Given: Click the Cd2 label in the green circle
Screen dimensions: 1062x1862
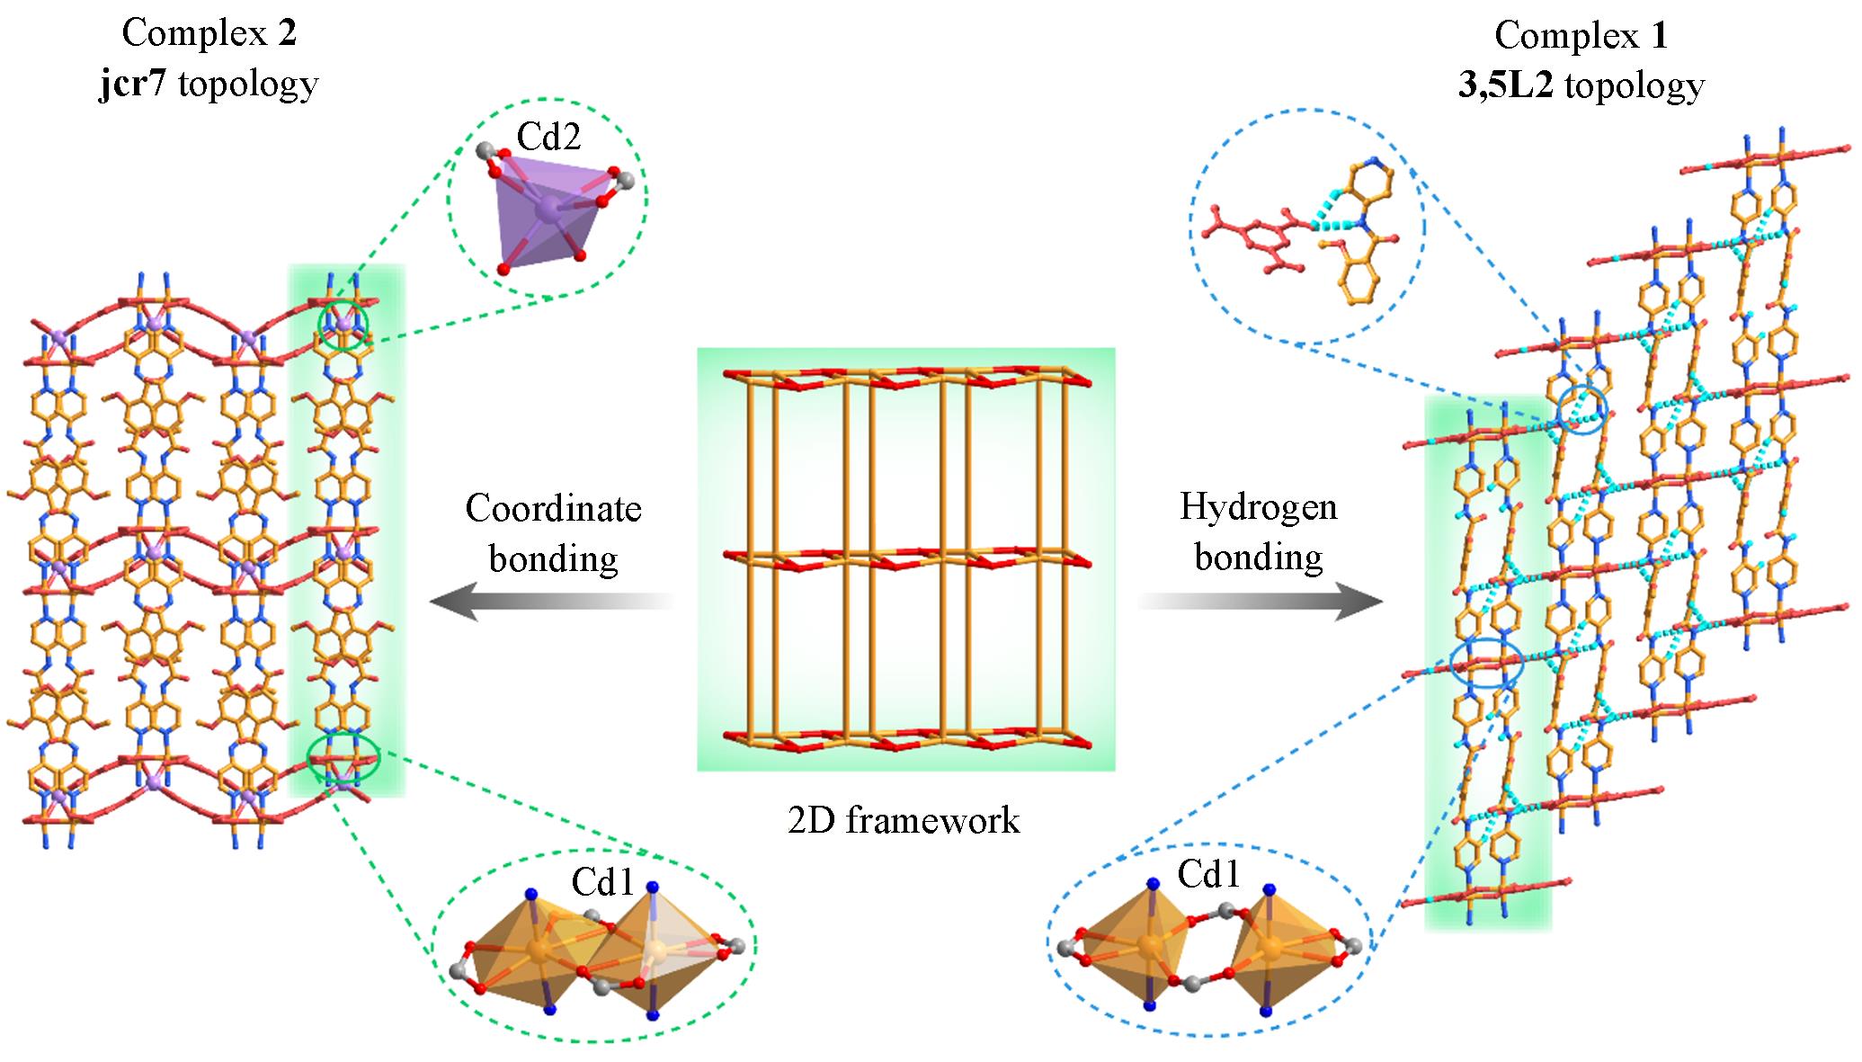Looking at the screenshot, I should click(548, 136).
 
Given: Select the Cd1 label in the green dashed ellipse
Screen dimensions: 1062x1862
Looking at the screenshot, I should click(603, 884).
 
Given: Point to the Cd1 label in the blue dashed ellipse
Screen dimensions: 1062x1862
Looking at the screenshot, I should click(1208, 874).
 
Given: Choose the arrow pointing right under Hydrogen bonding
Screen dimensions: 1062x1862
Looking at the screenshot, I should click(1260, 601).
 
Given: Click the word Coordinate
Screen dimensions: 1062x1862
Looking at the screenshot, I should click(553, 509).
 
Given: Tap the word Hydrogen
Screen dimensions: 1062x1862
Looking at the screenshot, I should click(1258, 507).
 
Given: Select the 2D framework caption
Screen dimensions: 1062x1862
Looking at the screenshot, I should click(904, 820).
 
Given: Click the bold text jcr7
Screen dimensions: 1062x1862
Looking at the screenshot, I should click(134, 84).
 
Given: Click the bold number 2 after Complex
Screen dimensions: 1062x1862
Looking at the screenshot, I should click(286, 33).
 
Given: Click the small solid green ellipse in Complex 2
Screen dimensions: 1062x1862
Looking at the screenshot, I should click(344, 756).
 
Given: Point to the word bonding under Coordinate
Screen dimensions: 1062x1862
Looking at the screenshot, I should click(553, 558).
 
